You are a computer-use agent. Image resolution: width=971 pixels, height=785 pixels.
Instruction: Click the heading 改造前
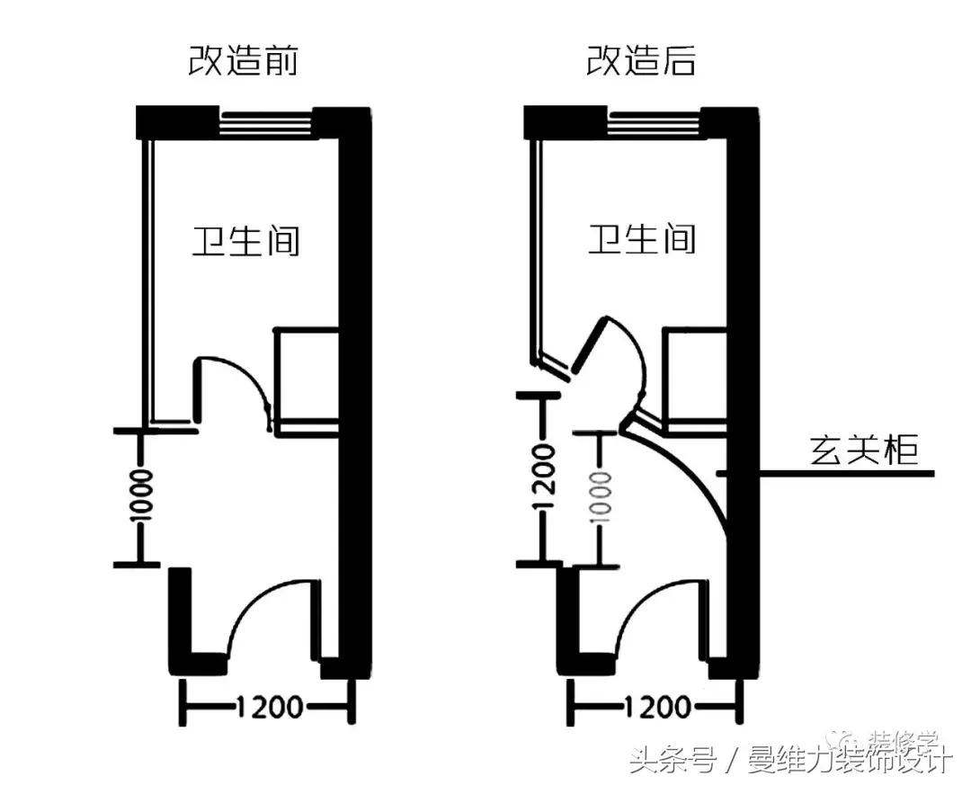(243, 61)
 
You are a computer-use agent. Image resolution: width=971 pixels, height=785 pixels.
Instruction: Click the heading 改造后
(641, 61)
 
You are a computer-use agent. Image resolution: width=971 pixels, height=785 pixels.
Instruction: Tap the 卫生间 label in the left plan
(245, 241)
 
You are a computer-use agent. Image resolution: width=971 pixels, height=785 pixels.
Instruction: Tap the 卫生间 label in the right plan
(642, 240)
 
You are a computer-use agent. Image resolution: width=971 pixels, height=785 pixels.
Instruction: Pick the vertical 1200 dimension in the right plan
(542, 478)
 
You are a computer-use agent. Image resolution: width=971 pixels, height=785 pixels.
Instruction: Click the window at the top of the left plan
(266, 121)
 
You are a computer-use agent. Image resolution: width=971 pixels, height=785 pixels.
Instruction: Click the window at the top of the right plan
(655, 121)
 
